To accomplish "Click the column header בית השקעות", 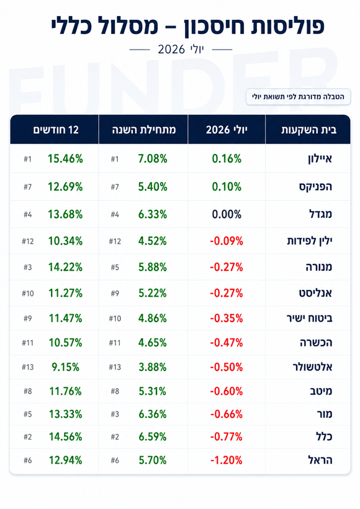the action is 308,130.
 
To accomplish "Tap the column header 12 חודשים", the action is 56,130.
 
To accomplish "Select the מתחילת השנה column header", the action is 144,130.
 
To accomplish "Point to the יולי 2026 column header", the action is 227,130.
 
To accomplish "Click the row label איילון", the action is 320,159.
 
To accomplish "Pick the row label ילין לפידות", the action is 309,241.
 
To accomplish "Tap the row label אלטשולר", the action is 312,367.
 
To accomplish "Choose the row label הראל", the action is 320,460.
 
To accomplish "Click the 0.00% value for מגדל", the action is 227,214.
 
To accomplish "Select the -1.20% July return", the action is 227,460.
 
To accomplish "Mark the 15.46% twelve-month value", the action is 65,159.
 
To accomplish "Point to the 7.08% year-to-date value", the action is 153,159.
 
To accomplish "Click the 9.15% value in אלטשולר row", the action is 65,367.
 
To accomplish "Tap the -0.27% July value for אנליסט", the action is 227,293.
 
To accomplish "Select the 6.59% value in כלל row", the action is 152,436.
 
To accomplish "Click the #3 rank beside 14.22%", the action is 27,267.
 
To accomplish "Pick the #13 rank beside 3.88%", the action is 115,367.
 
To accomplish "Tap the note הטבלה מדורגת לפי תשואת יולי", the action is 298,97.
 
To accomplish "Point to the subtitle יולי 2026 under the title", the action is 181,49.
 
